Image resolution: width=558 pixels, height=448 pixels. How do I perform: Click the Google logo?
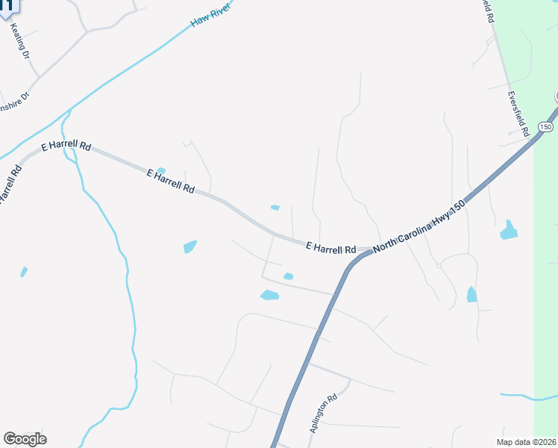pyautogui.click(x=25, y=439)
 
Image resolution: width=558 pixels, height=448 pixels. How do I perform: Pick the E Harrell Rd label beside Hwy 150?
pyautogui.click(x=330, y=247)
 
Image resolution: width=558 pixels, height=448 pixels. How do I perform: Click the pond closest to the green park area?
pyautogui.click(x=509, y=230)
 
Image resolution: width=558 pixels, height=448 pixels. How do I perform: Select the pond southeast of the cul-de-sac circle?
pyautogui.click(x=471, y=294)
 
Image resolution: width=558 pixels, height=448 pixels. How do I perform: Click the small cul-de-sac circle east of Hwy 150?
pyautogui.click(x=439, y=265)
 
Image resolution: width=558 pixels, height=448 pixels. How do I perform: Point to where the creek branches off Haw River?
pyautogui.click(x=69, y=112)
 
